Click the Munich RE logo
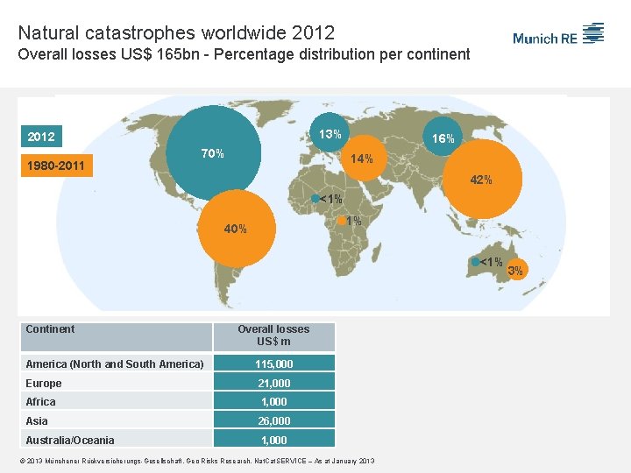point(558,35)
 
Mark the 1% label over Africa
point(353,221)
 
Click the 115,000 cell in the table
point(273,364)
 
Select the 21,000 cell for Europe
point(273,383)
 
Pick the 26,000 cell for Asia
point(273,420)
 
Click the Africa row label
point(41,402)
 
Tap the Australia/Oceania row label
point(70,440)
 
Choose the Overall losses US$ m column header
point(273,335)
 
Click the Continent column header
point(51,329)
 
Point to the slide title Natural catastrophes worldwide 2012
point(176,33)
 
